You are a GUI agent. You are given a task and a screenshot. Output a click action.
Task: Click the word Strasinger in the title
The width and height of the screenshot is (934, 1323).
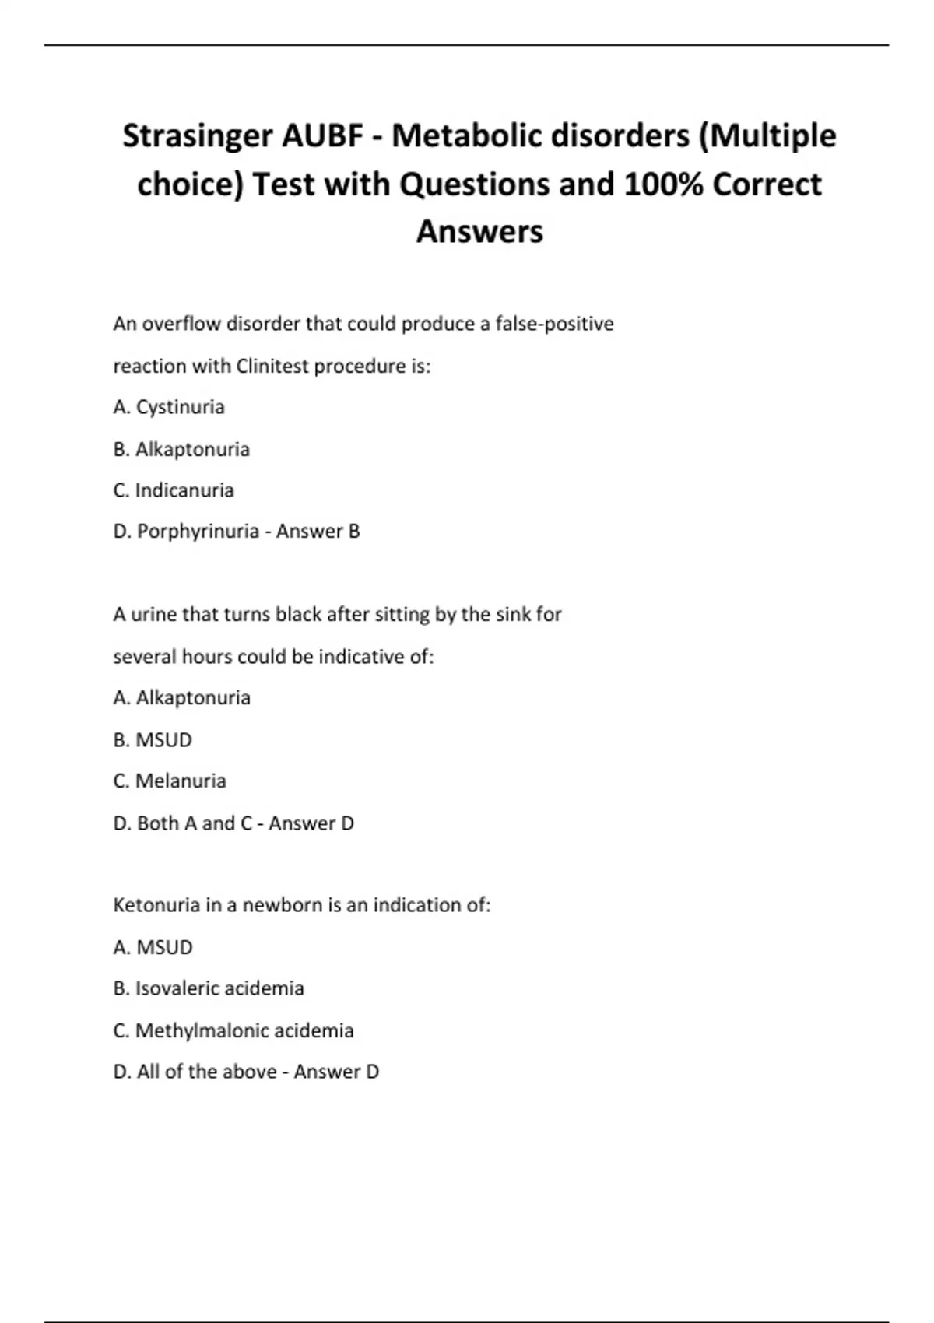click(x=198, y=137)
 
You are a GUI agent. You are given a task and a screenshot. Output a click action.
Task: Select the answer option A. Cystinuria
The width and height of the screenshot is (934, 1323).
click(x=169, y=407)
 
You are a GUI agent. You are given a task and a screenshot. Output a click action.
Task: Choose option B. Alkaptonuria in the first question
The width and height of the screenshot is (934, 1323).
click(x=181, y=449)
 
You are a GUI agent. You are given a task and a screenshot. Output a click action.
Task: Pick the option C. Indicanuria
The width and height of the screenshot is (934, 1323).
click(x=174, y=490)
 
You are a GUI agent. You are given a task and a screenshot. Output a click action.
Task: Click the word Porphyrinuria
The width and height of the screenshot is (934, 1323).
click(x=198, y=532)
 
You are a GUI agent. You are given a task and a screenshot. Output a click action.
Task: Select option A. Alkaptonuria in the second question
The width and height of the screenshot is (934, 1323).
click(x=181, y=698)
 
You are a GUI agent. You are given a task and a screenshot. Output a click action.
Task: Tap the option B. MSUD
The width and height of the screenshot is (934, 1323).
click(x=153, y=739)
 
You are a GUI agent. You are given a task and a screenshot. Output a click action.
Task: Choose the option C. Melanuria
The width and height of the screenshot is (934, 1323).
click(x=170, y=781)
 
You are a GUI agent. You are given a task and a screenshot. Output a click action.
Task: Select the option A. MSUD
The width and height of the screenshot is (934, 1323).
click(x=153, y=947)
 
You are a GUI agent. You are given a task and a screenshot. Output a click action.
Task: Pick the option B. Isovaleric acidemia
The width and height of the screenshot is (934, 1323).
click(x=209, y=988)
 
